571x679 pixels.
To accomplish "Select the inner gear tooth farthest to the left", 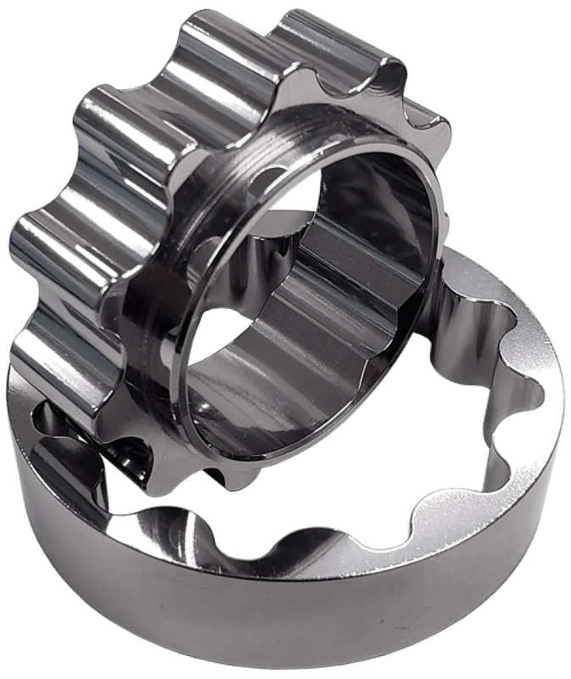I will pyautogui.click(x=34, y=246).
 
